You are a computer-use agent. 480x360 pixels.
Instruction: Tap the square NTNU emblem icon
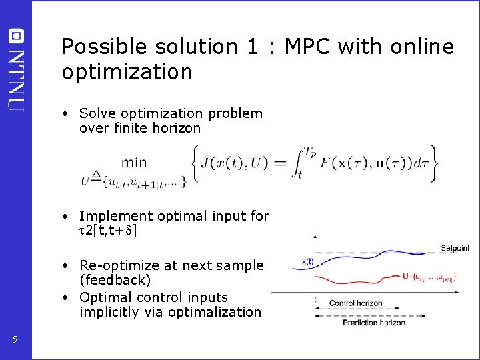click(17, 37)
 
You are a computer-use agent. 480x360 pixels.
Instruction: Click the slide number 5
click(15, 341)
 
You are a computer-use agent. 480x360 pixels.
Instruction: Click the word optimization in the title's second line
click(127, 72)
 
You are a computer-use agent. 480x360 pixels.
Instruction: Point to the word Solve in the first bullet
click(98, 114)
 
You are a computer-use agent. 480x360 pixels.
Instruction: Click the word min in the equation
click(134, 162)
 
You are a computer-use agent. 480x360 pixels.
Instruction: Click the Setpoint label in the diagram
click(455, 248)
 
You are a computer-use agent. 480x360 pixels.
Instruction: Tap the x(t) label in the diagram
click(307, 262)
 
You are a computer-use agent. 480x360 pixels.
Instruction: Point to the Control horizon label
click(355, 303)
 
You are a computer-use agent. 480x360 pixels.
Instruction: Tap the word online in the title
click(419, 47)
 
